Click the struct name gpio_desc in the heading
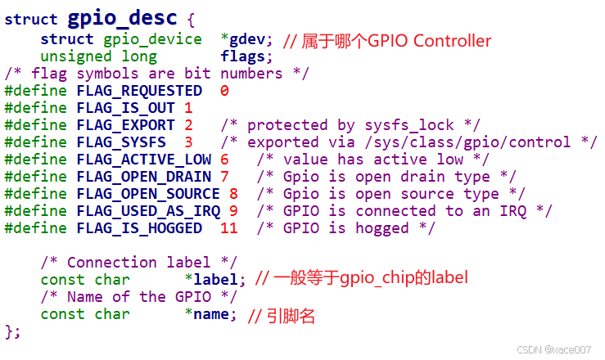click(x=122, y=19)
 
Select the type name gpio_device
click(x=152, y=39)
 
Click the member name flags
click(x=242, y=56)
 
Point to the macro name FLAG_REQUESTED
click(x=139, y=91)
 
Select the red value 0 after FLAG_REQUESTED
click(x=224, y=91)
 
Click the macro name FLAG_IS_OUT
click(x=126, y=108)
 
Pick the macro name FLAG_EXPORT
click(x=126, y=125)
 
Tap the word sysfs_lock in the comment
click(x=409, y=125)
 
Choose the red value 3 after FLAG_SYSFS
click(x=188, y=142)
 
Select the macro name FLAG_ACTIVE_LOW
click(x=144, y=160)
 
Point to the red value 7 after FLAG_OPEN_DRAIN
click(x=224, y=177)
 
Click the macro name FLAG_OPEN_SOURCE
click(x=148, y=194)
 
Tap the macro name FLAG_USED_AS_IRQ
click(x=148, y=211)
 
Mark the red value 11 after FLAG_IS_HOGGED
click(x=228, y=228)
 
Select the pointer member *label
click(x=211, y=280)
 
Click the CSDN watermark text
click(x=553, y=349)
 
